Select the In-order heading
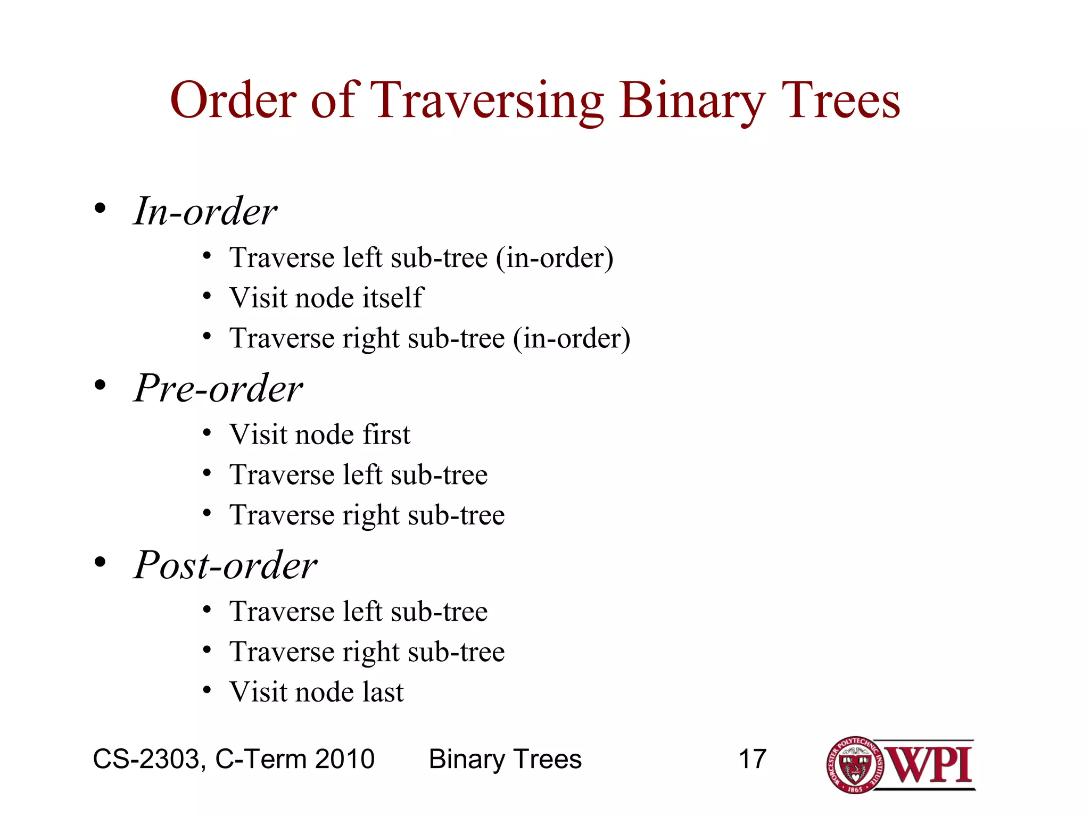(x=205, y=211)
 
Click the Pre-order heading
(x=218, y=388)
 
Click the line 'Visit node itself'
(x=326, y=297)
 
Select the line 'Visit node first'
(x=320, y=434)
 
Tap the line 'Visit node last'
(x=317, y=692)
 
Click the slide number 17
(x=752, y=759)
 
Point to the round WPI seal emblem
(x=855, y=765)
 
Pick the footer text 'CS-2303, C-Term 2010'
(x=234, y=759)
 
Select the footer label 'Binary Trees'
(x=505, y=759)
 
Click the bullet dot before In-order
(x=100, y=208)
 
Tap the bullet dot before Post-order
(x=100, y=562)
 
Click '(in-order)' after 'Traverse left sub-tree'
(x=555, y=258)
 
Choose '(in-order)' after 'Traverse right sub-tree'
(x=572, y=339)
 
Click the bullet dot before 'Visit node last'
(x=207, y=690)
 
